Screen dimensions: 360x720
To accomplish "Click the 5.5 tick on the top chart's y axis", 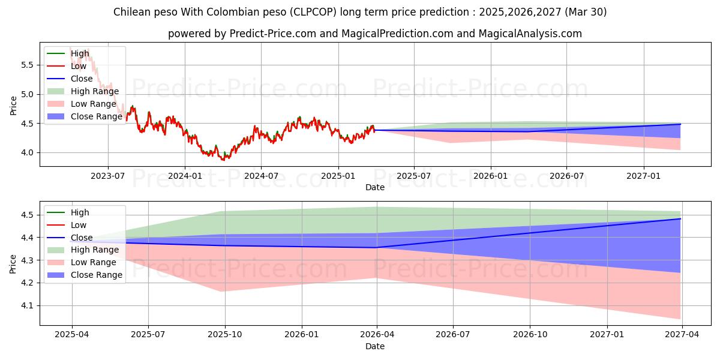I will click(28, 65).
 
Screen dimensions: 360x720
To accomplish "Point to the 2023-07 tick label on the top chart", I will click(108, 175).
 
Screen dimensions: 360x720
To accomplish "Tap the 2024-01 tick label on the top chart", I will click(184, 175).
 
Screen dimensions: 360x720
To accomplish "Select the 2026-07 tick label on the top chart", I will click(567, 175).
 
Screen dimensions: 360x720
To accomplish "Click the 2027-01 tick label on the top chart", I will click(644, 175).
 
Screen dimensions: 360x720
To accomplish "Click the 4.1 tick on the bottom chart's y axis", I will click(28, 305).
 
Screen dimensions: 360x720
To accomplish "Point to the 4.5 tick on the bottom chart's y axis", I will click(28, 215).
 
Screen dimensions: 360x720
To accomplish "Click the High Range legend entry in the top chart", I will click(94, 91).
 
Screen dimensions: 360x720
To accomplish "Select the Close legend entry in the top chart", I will click(82, 79).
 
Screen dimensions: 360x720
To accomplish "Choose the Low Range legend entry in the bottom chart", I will click(94, 262).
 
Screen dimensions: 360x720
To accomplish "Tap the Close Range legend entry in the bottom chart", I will click(96, 275).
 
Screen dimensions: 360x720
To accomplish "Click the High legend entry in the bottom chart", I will click(80, 212).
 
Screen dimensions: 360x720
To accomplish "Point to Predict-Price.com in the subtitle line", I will click(273, 34).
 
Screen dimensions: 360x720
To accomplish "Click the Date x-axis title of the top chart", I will click(375, 187).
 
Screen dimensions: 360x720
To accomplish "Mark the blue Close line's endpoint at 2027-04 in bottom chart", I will click(680, 218).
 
